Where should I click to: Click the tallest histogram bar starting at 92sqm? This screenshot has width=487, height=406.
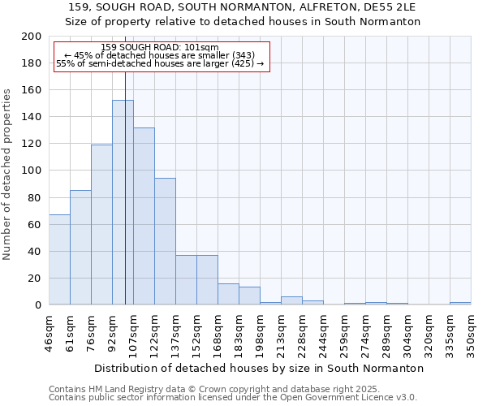pos(123,203)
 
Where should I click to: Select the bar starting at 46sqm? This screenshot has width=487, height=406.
pos(59,260)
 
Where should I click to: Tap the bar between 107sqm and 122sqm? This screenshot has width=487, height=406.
pos(144,216)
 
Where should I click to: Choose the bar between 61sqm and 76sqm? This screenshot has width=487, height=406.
pos(80,248)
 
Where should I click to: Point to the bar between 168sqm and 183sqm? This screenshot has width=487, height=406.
pos(228,294)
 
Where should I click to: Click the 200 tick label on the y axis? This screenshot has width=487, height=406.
pos(32,37)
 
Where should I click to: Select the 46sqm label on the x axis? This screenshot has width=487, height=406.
pos(49,334)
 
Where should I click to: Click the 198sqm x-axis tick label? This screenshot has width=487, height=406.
pos(260,334)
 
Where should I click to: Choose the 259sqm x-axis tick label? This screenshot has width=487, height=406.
pos(344,334)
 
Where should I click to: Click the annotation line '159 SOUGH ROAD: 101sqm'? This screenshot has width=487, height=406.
pos(161,48)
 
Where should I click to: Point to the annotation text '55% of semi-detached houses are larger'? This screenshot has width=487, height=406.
pos(161,63)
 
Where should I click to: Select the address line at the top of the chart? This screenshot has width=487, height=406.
pos(243,7)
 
